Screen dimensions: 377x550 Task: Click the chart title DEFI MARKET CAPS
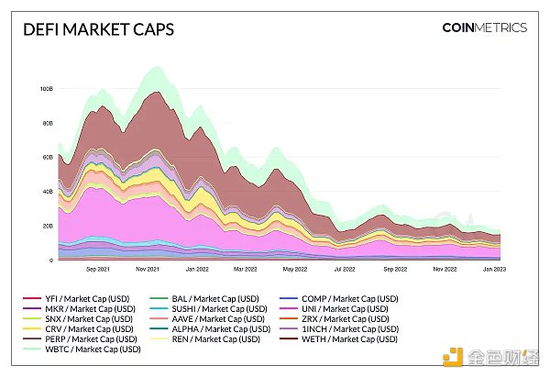(98, 29)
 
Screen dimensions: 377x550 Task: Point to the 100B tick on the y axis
(45, 89)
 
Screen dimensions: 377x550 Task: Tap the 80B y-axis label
(46, 123)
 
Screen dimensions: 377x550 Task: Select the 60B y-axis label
(46, 158)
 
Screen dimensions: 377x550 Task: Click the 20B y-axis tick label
(46, 226)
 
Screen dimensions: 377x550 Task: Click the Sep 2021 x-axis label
(97, 271)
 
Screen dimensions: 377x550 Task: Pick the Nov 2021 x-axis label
(148, 271)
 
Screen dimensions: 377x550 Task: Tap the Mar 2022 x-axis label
(245, 271)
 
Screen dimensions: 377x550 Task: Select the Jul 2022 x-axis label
(346, 271)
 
